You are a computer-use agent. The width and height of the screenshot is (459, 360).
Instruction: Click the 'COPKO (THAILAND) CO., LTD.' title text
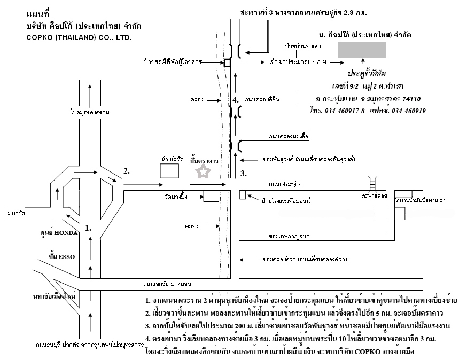pos(78,38)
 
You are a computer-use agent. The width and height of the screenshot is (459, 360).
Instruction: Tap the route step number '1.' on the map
pos(89,228)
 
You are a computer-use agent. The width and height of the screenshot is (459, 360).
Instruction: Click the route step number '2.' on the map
pos(127,171)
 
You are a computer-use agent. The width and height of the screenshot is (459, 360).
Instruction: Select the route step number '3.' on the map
pos(243,173)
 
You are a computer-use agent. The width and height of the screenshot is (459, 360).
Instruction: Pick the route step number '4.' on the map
pos(236,99)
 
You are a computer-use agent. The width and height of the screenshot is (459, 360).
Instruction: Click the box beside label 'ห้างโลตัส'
pos(169,171)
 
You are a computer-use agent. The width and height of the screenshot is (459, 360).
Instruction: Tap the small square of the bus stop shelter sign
pos(227,62)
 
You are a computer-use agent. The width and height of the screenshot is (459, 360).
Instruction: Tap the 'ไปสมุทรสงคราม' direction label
pos(90,113)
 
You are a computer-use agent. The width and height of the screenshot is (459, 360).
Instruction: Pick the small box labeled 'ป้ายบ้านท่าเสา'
pos(303,53)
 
